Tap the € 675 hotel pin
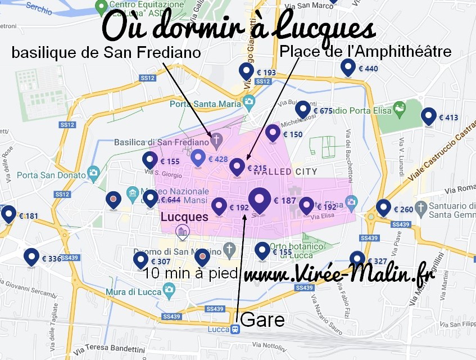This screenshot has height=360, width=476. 303,110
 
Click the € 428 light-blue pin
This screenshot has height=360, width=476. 198,159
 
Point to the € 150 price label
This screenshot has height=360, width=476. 292,134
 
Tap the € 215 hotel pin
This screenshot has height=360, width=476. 238,167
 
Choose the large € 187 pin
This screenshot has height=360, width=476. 259,200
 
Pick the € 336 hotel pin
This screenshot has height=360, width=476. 31,258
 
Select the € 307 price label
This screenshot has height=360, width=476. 160,262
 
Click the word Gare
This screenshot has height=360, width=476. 262,320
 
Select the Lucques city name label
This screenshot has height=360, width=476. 184,217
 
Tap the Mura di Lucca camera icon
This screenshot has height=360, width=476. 169,290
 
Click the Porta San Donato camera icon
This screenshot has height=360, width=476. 93,172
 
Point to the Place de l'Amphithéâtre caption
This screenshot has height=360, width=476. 365,52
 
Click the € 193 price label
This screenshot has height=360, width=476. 265,73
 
